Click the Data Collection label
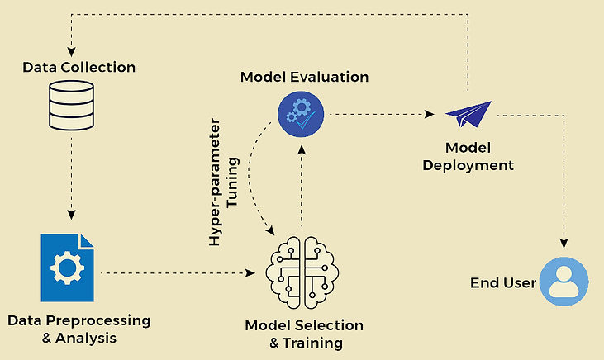click(78, 65)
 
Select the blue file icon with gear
click(69, 267)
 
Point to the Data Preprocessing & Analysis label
click(78, 328)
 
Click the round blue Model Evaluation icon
click(301, 113)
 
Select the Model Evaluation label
click(304, 77)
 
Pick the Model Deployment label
click(468, 156)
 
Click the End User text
click(503, 283)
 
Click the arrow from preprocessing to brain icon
click(178, 272)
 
